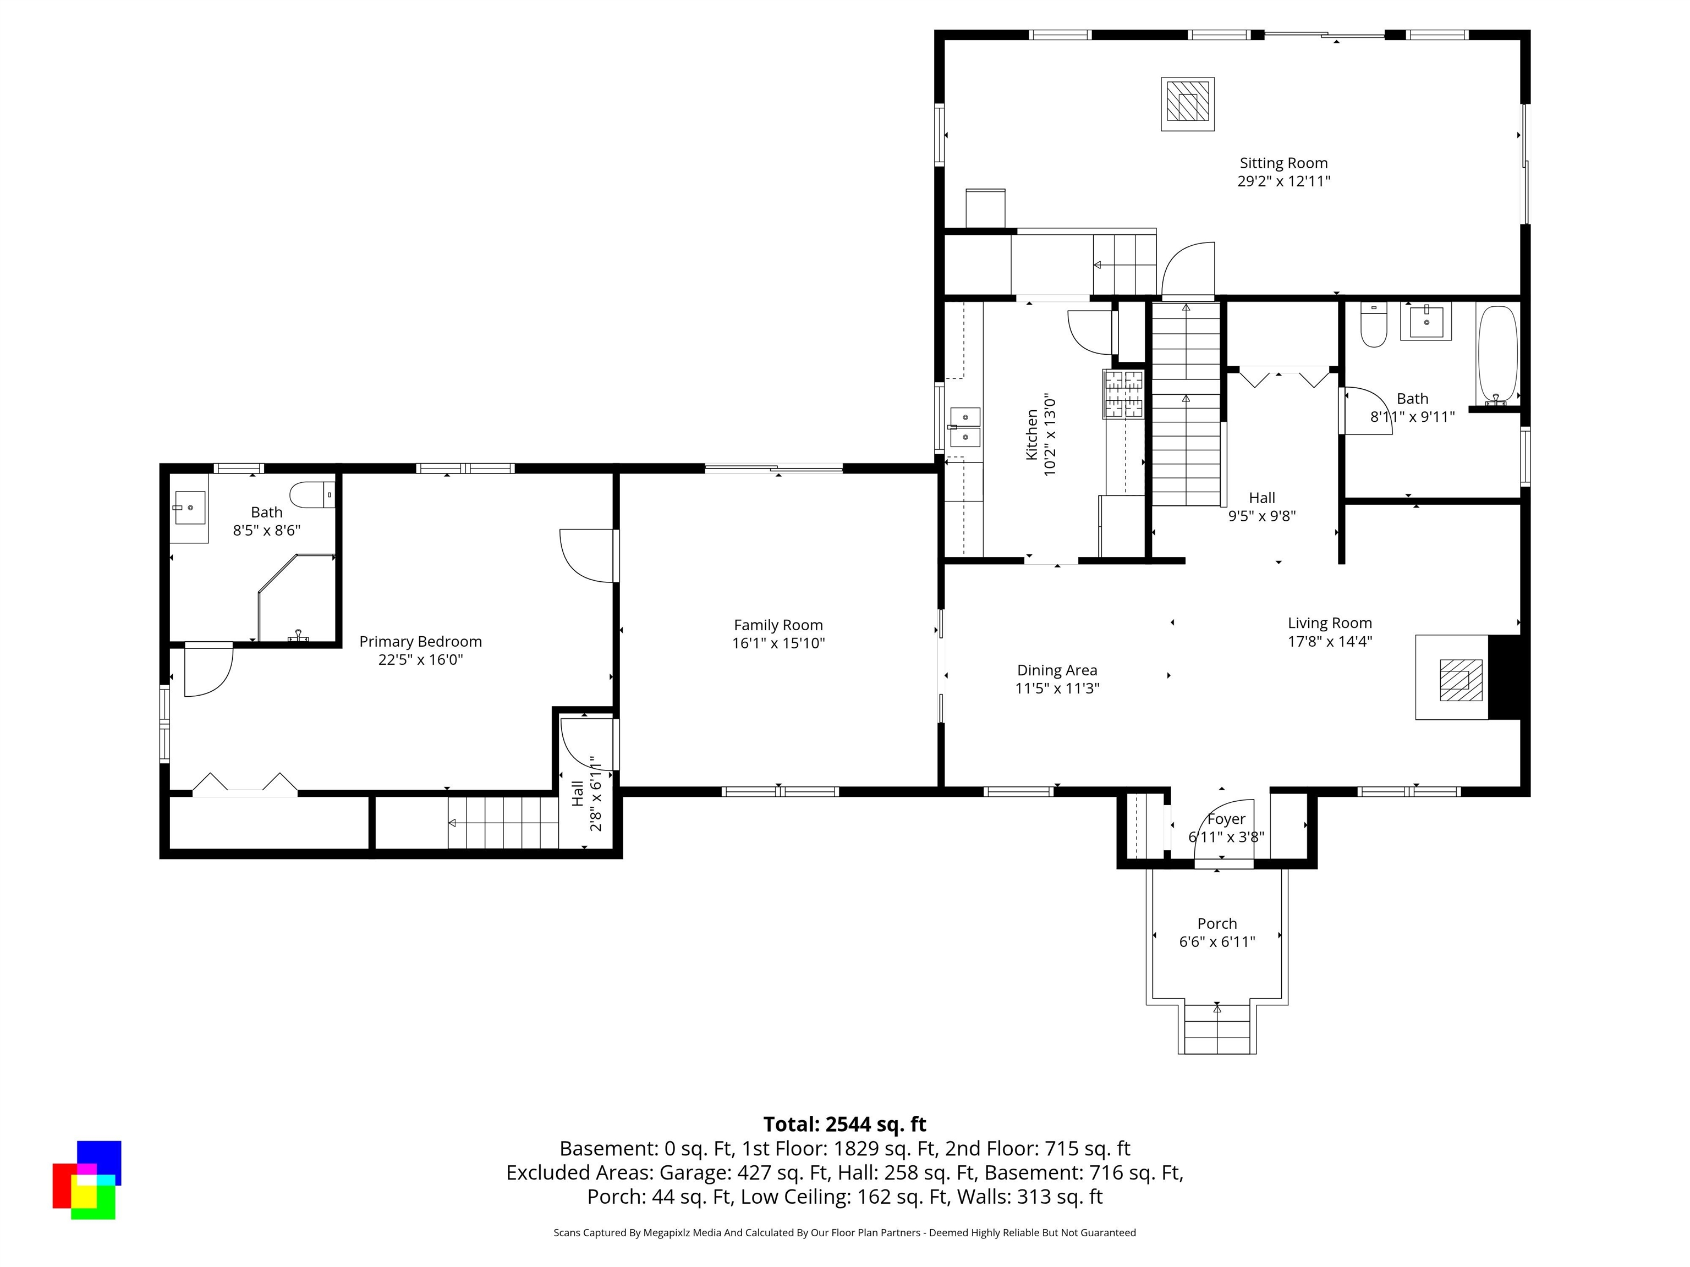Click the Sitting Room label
click(x=1283, y=163)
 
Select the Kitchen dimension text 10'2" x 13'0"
click(x=1050, y=436)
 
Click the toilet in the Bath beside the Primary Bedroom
click(x=312, y=495)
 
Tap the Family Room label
click(x=778, y=625)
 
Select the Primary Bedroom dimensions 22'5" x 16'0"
click(x=421, y=659)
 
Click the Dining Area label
click(x=1057, y=670)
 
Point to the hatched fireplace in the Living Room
click(x=1461, y=680)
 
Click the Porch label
click(x=1217, y=923)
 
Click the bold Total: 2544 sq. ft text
click(x=844, y=1124)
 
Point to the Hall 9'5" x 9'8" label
click(x=1262, y=506)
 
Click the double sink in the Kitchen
click(x=965, y=427)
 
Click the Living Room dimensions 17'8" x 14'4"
click(x=1330, y=641)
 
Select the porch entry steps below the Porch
click(x=1217, y=1028)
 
